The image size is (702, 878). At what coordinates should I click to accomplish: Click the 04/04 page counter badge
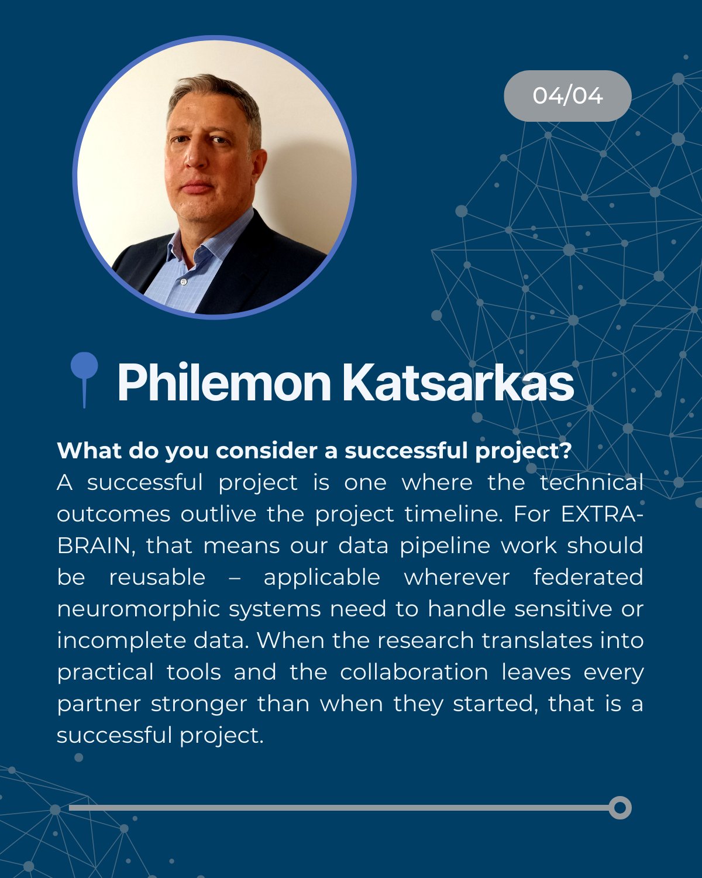pos(567,96)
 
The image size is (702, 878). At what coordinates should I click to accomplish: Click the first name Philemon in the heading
pos(224,383)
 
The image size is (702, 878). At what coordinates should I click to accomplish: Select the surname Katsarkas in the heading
pos(458,383)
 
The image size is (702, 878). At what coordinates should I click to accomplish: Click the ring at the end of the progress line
pos(620,807)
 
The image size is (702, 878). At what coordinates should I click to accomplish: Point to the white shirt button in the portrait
pos(184,282)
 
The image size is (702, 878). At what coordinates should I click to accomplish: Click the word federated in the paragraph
pos(589,577)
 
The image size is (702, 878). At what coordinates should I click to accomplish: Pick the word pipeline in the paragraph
pos(445,547)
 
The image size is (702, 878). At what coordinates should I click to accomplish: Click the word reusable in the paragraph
pos(157,577)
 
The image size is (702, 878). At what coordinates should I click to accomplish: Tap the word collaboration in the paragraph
pos(414,672)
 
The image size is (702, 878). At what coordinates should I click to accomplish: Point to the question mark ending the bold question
pos(566,451)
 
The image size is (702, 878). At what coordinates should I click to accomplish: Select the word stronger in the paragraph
pos(199,705)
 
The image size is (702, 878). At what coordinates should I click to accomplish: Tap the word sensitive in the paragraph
pos(563,609)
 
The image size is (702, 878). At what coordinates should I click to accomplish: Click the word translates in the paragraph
pos(537,640)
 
